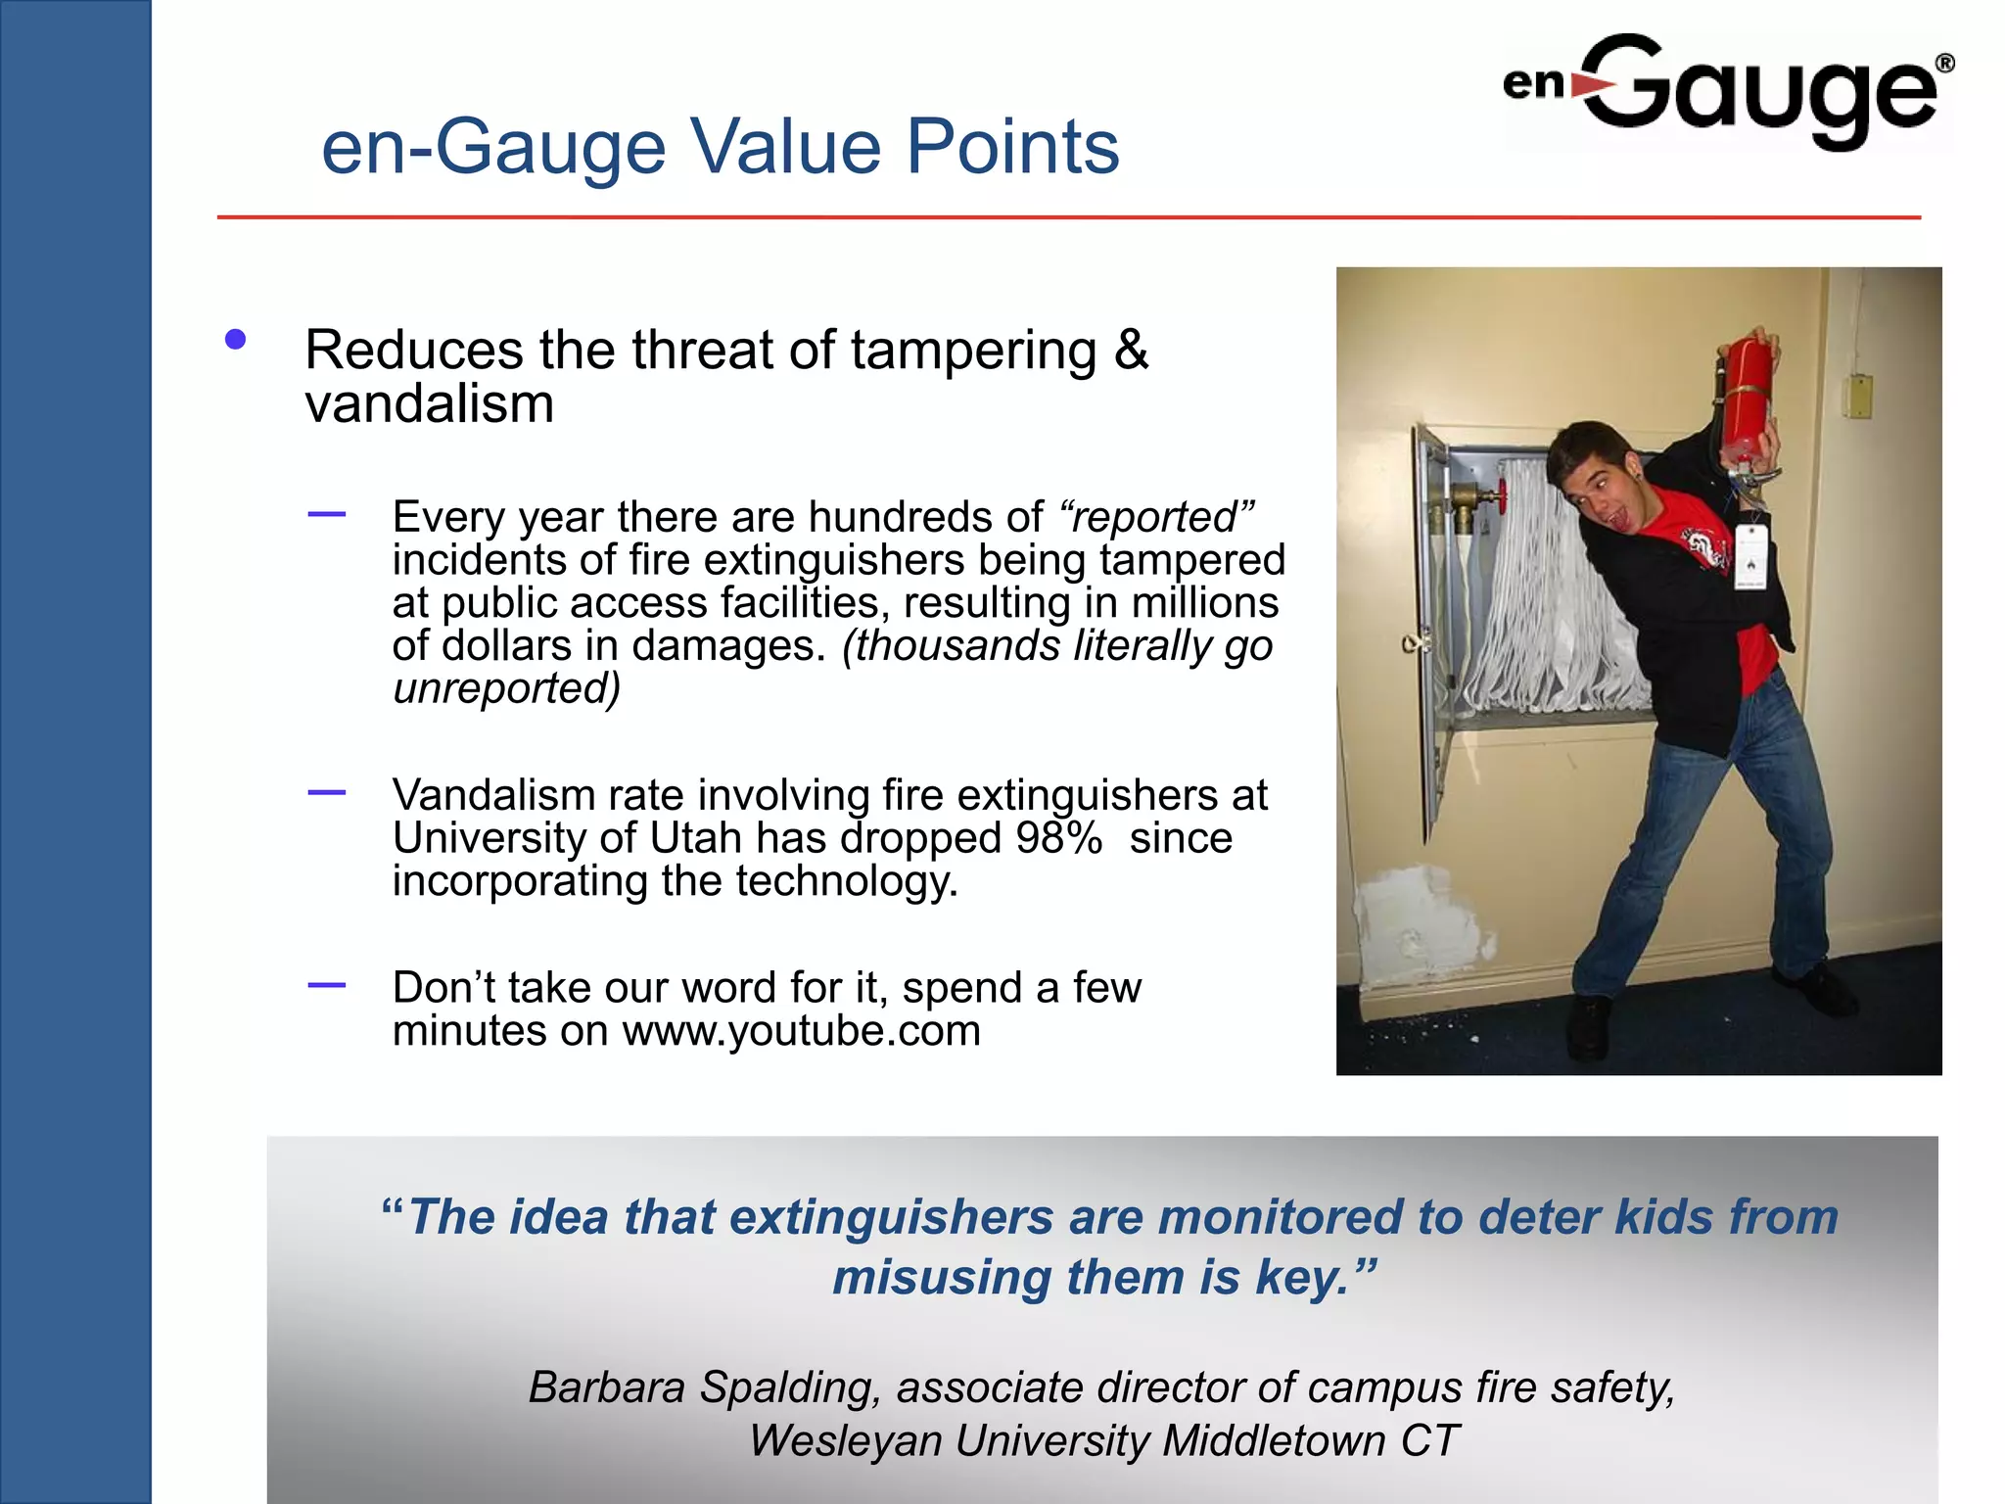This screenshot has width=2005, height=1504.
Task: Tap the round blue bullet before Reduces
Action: tap(235, 340)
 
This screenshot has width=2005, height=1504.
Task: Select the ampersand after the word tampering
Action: tap(1131, 350)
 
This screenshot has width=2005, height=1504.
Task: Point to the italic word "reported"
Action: tap(1155, 517)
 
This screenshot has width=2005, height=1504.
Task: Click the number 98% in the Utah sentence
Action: tap(1058, 838)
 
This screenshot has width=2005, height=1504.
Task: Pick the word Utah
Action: tap(695, 838)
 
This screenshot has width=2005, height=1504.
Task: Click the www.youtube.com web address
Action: tap(801, 1031)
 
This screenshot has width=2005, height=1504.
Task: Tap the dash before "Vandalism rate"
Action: tap(326, 792)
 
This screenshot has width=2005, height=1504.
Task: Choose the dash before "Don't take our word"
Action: tap(326, 985)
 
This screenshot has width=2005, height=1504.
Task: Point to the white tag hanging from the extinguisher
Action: tap(1751, 556)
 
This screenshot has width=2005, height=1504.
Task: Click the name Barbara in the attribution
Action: tap(608, 1387)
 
